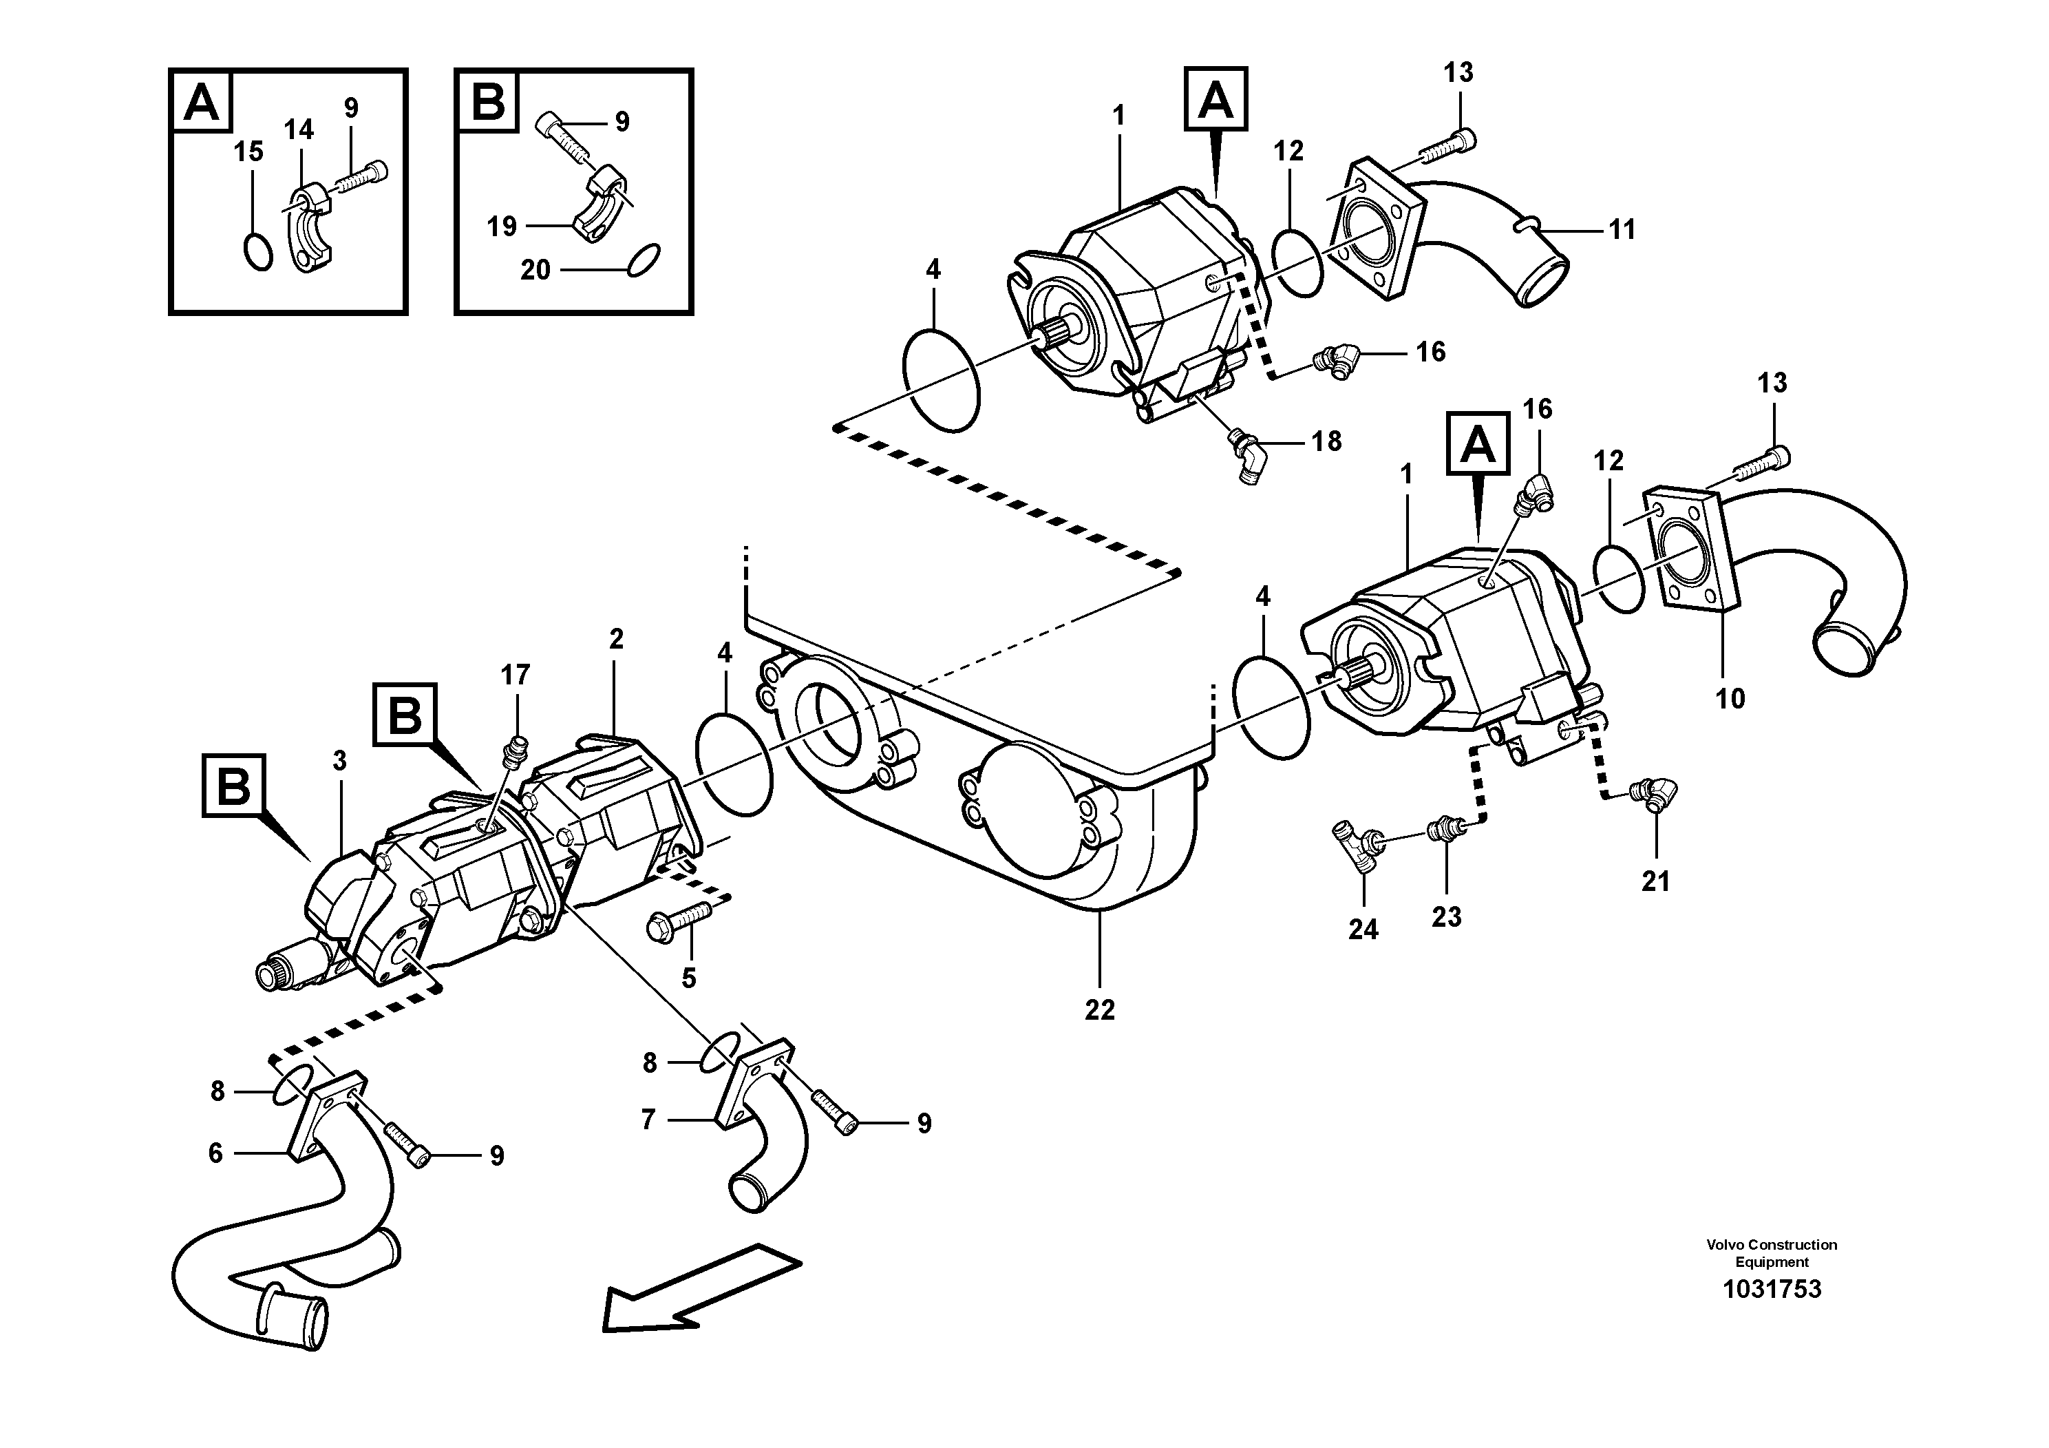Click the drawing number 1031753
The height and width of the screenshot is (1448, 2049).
click(1772, 1290)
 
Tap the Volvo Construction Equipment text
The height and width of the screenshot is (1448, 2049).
click(1772, 1253)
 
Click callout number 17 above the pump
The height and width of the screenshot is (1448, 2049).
click(515, 675)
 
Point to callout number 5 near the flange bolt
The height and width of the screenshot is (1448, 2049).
click(688, 978)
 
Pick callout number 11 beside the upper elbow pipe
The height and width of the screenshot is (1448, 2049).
click(1622, 229)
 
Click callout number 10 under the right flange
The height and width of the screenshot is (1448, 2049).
click(1730, 698)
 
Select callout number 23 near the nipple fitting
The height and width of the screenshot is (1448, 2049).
click(1447, 917)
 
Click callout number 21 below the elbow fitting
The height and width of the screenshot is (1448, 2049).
click(1655, 882)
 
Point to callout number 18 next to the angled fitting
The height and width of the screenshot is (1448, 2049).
click(1327, 441)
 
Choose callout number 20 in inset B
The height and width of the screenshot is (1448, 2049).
click(535, 270)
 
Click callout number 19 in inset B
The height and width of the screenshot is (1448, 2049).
click(502, 226)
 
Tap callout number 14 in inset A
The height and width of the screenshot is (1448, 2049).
click(299, 130)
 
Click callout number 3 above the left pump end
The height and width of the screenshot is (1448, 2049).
click(339, 762)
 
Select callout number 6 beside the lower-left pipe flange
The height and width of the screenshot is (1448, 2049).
click(215, 1153)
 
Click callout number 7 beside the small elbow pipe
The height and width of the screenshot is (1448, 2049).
click(648, 1120)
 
